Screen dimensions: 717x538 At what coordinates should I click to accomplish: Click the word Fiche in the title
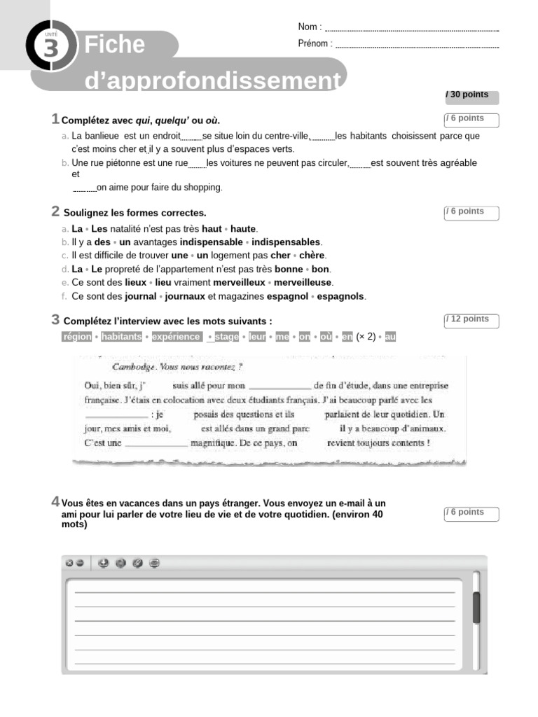point(114,46)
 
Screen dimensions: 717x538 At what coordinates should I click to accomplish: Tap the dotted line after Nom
point(412,29)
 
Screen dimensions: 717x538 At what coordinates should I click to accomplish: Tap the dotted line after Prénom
point(418,46)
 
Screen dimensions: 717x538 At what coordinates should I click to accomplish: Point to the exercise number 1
point(55,119)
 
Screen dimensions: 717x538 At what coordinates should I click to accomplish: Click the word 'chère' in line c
point(312,256)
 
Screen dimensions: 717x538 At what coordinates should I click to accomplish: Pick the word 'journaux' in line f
point(185,296)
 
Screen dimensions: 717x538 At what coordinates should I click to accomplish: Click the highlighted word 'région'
point(77,337)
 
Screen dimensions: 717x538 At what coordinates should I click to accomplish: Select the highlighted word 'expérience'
point(176,337)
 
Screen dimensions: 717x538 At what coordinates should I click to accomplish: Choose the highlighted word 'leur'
point(257,337)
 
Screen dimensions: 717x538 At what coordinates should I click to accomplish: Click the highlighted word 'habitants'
point(120,337)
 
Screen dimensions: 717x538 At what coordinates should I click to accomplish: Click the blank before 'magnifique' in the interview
point(156,443)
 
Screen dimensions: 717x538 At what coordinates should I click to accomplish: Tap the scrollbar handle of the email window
point(476,606)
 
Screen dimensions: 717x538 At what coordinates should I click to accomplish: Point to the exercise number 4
point(55,501)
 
